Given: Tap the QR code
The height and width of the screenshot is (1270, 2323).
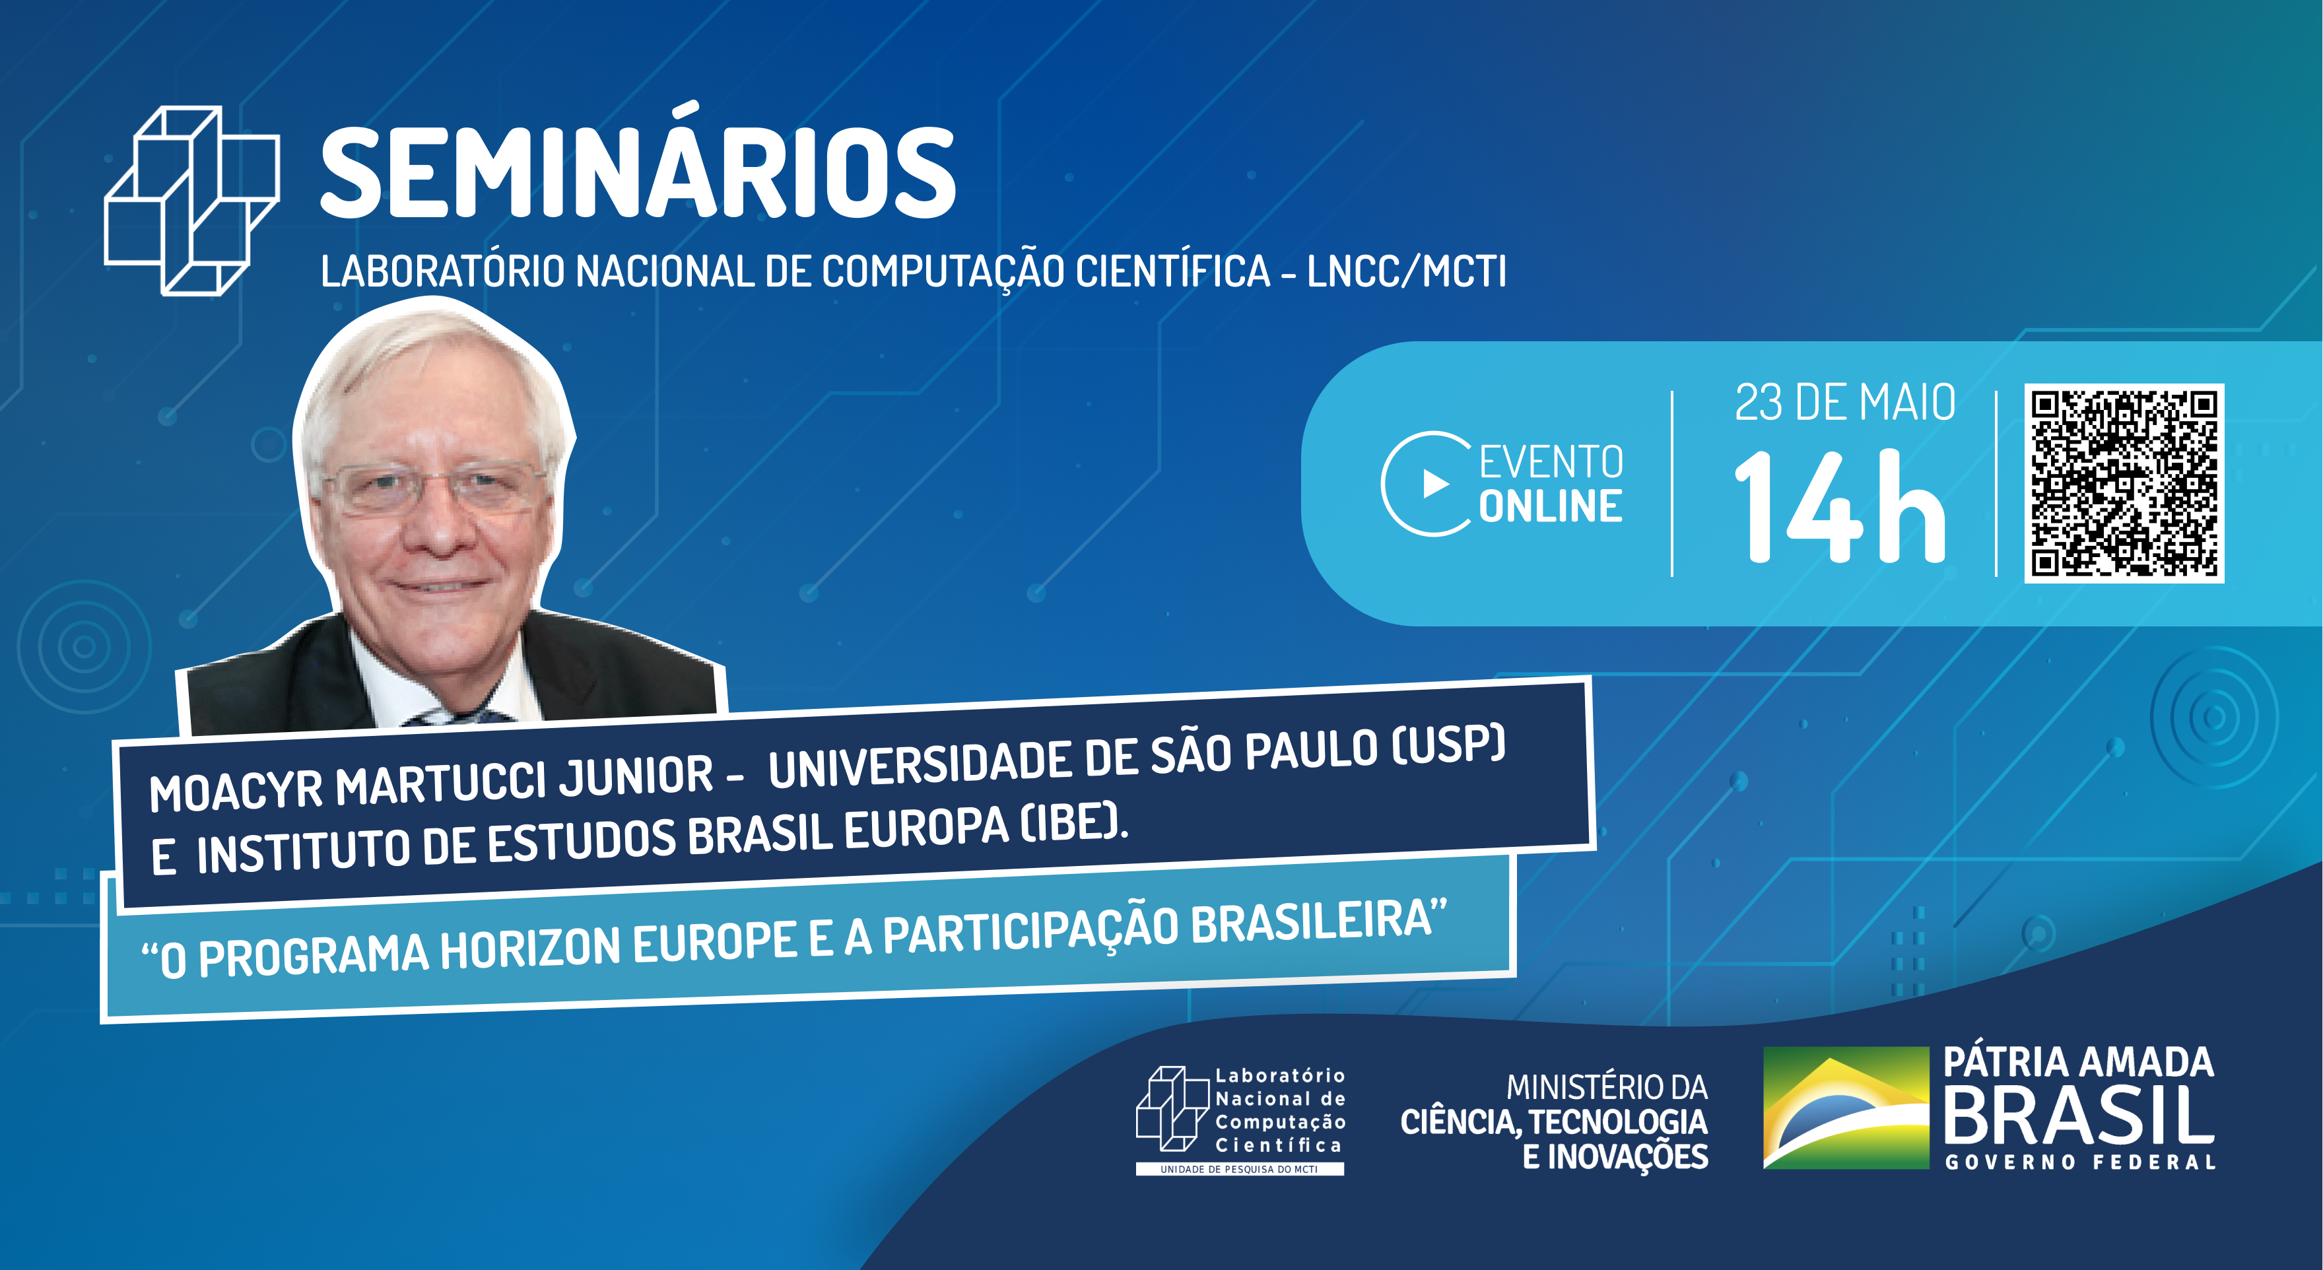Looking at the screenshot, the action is tap(2124, 483).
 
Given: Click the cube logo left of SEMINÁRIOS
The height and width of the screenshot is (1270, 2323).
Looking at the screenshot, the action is tap(192, 200).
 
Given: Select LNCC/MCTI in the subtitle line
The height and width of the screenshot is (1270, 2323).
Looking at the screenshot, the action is tap(1407, 271).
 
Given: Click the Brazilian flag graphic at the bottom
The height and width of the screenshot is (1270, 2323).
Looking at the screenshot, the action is tap(1845, 1108).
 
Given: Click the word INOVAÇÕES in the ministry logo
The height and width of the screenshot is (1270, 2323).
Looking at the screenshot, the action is tap(1628, 1157).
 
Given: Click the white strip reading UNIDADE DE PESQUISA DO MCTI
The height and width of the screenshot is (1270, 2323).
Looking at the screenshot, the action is tap(1239, 1169).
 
